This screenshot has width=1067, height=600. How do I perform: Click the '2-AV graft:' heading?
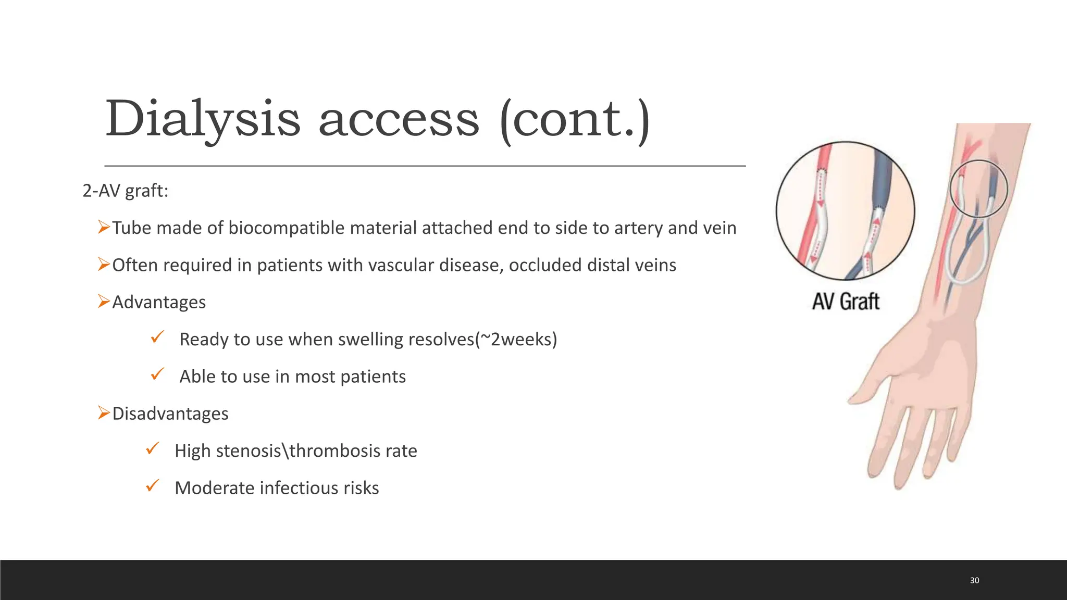(126, 191)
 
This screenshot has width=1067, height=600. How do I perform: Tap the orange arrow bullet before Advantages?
(104, 301)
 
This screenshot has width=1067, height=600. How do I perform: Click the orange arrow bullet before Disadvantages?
(104, 413)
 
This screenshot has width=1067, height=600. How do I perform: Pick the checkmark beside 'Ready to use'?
(157, 337)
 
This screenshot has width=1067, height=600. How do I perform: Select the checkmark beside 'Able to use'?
(157, 374)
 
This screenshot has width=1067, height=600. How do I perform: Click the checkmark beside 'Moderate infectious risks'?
(153, 485)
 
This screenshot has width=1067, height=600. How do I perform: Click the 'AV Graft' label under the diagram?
(846, 302)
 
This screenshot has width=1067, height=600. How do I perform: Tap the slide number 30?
(974, 580)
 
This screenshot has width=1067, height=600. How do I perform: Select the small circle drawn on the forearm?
(978, 188)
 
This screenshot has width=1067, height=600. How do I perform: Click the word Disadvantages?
(170, 414)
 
